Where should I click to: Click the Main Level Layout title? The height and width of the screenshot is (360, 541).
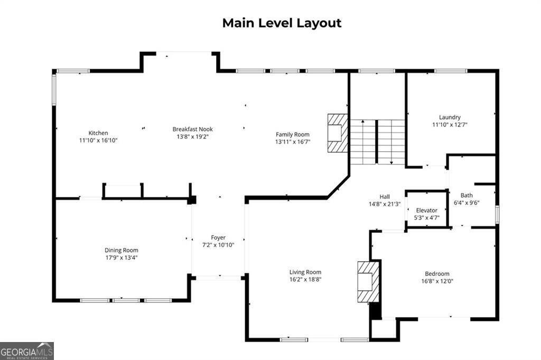tap(282, 23)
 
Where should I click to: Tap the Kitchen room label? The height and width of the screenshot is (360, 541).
tap(98, 133)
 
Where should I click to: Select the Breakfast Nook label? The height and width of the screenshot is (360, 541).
tap(192, 129)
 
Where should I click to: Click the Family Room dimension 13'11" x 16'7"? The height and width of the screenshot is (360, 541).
tap(292, 142)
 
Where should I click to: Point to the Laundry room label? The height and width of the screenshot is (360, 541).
tap(450, 117)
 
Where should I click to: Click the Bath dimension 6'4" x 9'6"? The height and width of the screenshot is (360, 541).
tap(467, 202)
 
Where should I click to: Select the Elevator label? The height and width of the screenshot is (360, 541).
tap(426, 210)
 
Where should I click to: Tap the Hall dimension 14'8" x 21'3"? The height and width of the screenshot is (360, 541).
tap(385, 204)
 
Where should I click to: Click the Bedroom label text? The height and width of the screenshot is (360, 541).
tap(437, 274)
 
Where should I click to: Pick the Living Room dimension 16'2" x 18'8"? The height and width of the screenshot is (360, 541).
tap(305, 280)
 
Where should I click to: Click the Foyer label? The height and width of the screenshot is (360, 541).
tap(218, 238)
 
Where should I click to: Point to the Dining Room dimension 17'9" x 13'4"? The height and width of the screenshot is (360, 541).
tap(121, 257)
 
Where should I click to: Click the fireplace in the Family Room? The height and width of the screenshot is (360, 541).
tap(337, 133)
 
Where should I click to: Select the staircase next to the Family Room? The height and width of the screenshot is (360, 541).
tap(377, 142)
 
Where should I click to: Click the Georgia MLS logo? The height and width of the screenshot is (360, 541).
tap(27, 350)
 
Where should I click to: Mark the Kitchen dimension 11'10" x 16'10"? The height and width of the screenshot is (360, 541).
tap(98, 141)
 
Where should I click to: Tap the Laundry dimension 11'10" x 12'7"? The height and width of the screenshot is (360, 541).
tap(450, 125)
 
